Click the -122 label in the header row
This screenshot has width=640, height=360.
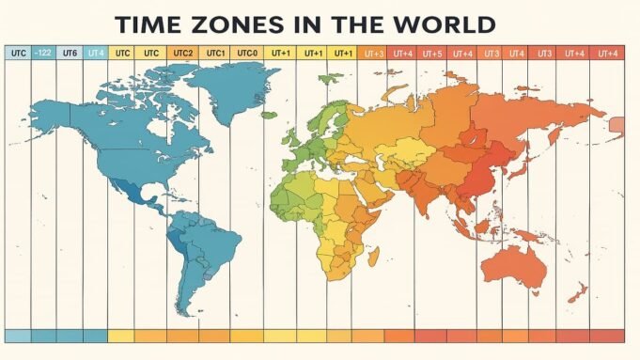tap(43, 54)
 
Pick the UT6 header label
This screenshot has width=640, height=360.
tap(70, 54)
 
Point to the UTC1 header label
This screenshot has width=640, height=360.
tap(215, 54)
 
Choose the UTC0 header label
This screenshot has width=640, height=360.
tap(247, 54)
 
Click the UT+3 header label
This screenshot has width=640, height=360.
tap(372, 54)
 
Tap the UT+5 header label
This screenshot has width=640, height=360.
tap(432, 54)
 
